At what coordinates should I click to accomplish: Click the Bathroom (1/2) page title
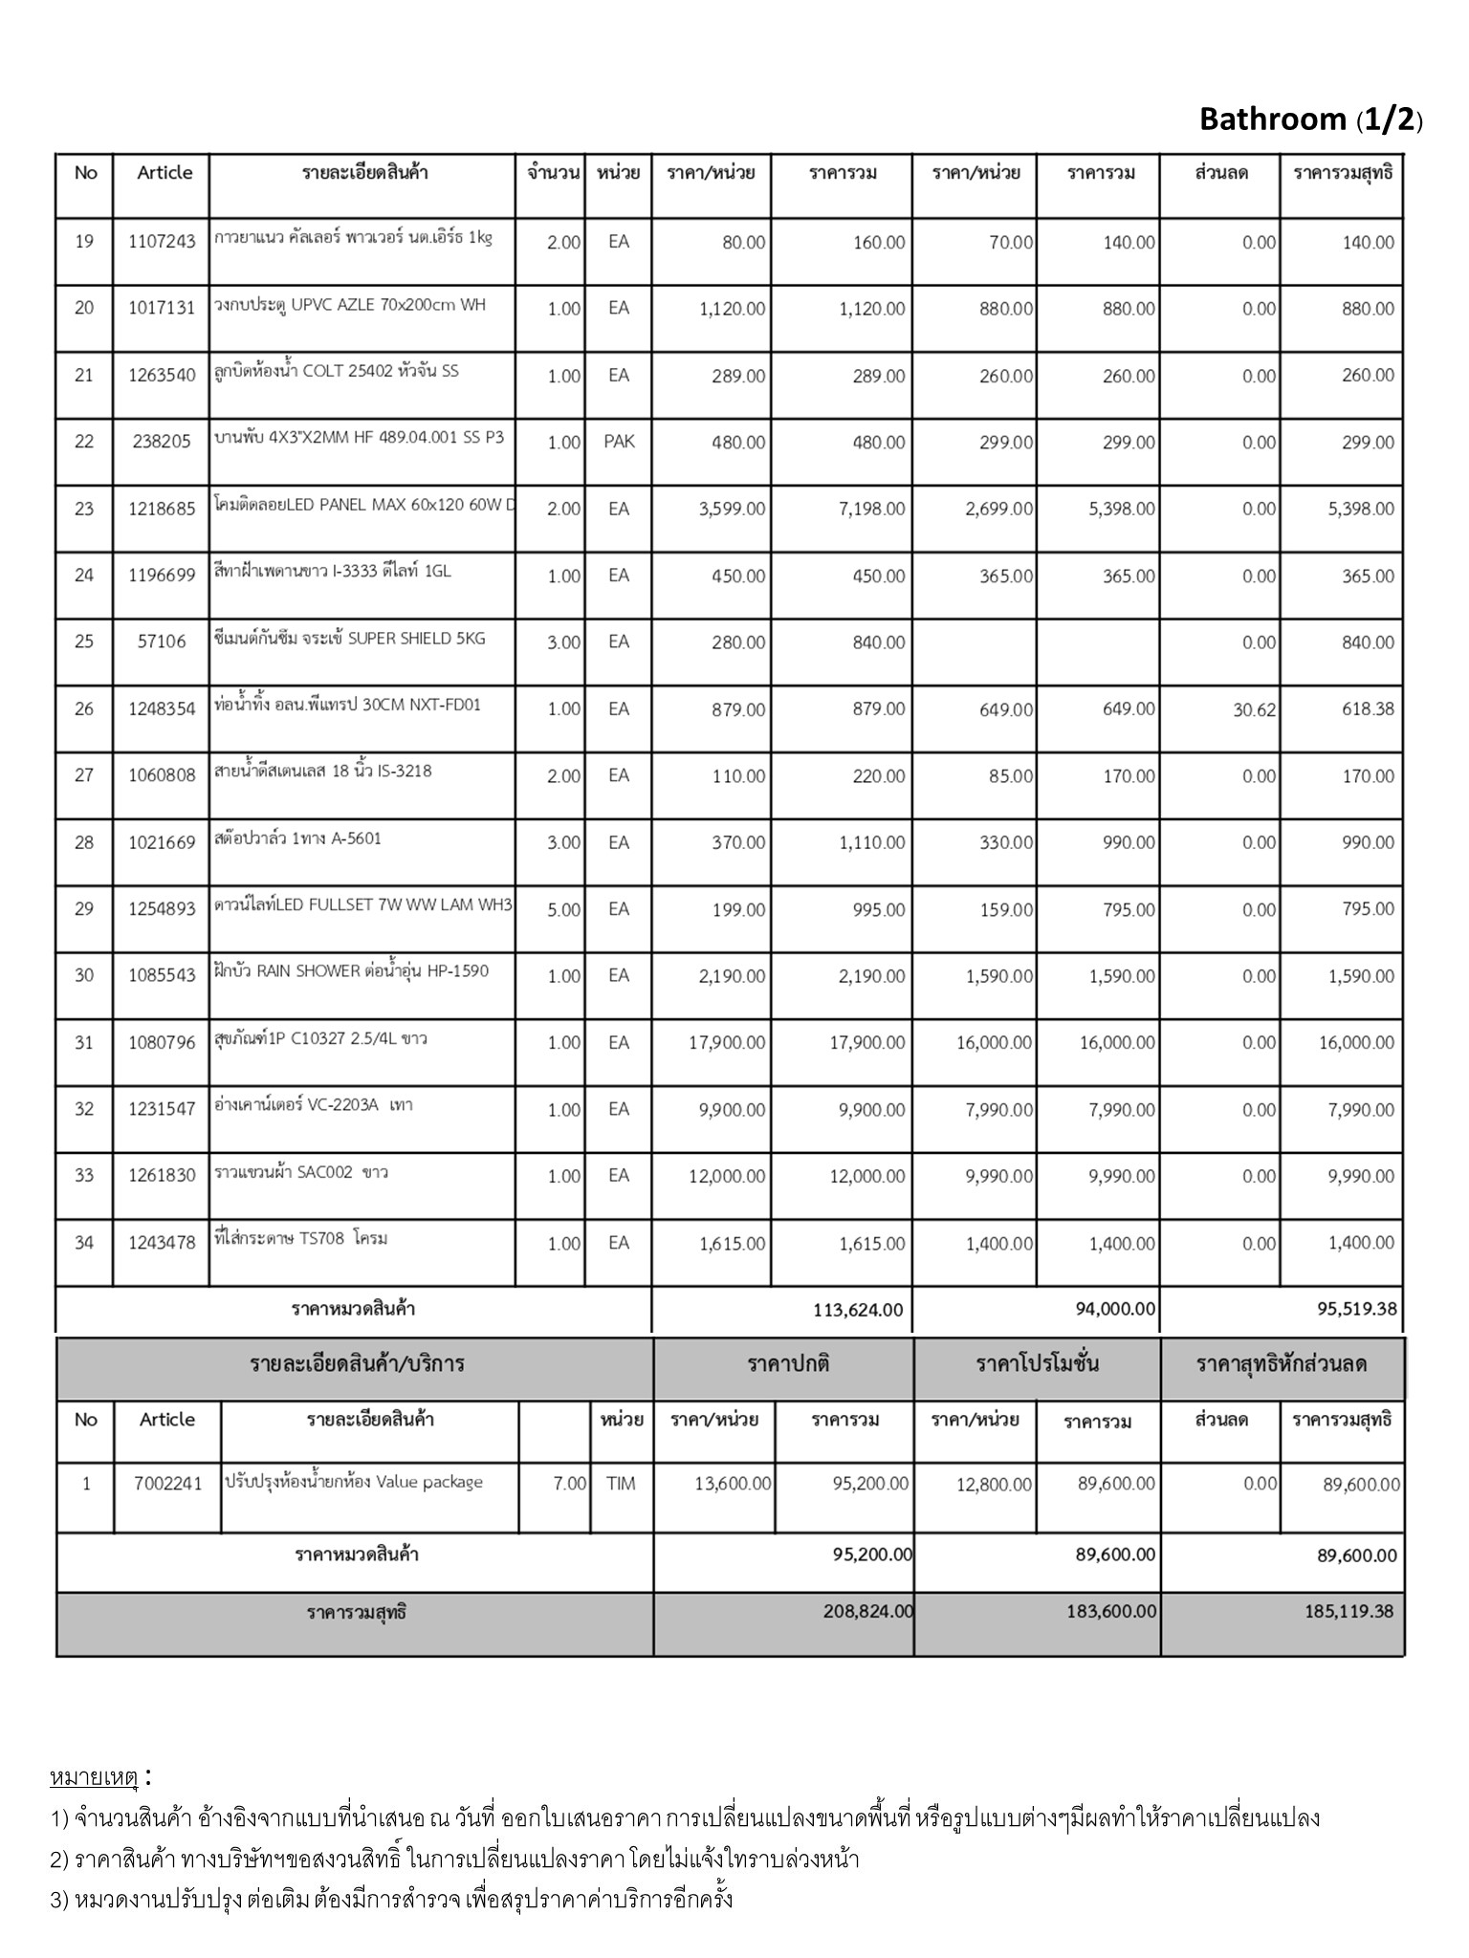tap(1310, 120)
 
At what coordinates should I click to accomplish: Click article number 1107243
tap(162, 242)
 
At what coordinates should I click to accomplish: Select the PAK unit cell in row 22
tap(619, 442)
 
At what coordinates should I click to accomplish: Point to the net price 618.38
tap(1368, 708)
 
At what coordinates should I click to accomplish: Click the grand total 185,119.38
tap(1348, 1611)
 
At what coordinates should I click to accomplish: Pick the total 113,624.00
tap(858, 1309)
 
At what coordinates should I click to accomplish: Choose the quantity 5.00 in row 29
tap(563, 909)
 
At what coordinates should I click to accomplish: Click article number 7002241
tap(167, 1484)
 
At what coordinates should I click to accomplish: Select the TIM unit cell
tap(621, 1484)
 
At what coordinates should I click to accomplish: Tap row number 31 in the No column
tap(84, 1042)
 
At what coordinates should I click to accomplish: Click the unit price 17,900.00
tap(727, 1042)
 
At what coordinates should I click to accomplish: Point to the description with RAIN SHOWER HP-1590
tap(351, 971)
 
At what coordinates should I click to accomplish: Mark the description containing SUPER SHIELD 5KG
tap(350, 638)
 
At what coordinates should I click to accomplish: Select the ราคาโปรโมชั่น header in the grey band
tap(1037, 1364)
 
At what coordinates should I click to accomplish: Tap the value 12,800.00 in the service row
tap(994, 1485)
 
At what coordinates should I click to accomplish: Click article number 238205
tap(162, 442)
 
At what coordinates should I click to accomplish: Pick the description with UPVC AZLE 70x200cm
tap(349, 305)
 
